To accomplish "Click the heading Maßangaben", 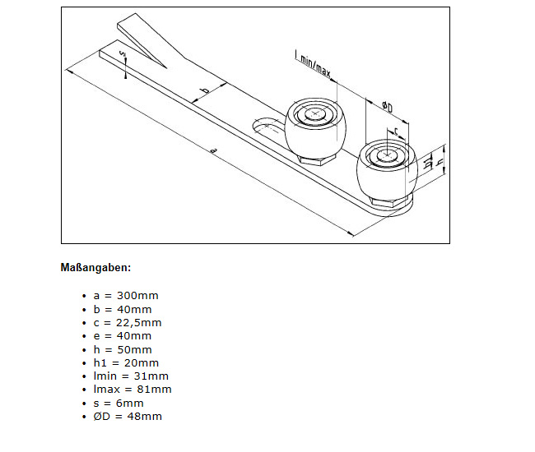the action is click(95, 268).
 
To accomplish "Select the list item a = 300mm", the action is click(126, 296).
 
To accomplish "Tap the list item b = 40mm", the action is click(123, 309).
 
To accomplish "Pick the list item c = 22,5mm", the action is click(128, 323).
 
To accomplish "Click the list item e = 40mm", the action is click(123, 336).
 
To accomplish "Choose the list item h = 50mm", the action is click(123, 350).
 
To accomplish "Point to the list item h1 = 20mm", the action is click(126, 362).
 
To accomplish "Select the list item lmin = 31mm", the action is click(131, 376).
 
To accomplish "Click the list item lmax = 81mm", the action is click(133, 390).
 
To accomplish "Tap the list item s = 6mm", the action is click(119, 404).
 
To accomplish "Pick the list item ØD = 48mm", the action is click(128, 416).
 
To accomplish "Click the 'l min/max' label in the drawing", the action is click(313, 64).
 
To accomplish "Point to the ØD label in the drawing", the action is click(388, 107).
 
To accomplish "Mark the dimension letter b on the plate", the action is click(206, 90).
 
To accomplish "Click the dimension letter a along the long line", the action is click(213, 150).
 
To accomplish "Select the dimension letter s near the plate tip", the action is click(123, 53).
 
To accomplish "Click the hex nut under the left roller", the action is click(316, 159).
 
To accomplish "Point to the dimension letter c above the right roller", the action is click(396, 131).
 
